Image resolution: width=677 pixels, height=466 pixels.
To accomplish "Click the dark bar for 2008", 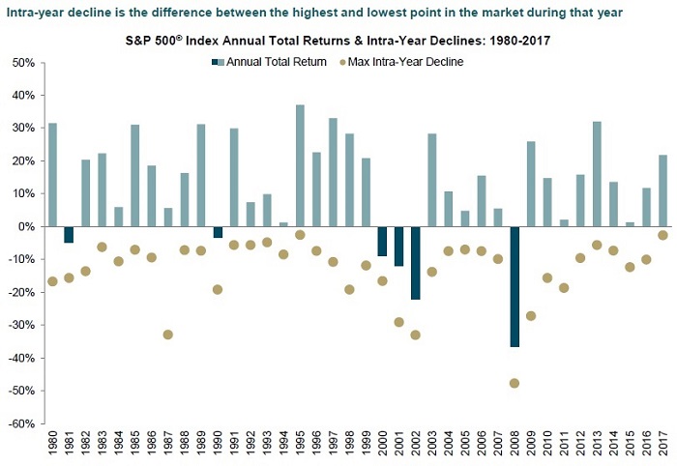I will (515, 286).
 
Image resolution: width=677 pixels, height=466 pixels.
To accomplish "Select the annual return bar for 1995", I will (300, 165).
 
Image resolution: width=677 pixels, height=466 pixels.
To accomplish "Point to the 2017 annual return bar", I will (662, 190).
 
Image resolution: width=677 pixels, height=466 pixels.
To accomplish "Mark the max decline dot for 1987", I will (167, 335).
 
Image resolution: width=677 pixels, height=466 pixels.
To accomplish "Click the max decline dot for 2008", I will (515, 383).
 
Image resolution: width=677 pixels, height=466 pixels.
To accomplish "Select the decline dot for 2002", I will (416, 335).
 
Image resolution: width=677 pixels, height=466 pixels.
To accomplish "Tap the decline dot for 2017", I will (662, 235).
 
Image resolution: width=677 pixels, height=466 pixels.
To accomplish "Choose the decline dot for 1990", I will (218, 289).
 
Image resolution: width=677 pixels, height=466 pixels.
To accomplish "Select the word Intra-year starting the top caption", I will (33, 12).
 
